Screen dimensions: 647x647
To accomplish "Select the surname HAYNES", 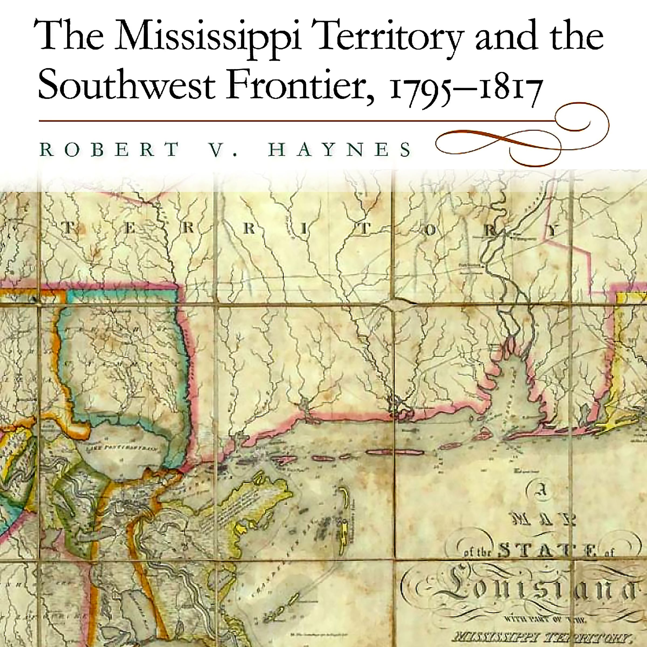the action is [x=340, y=150].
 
